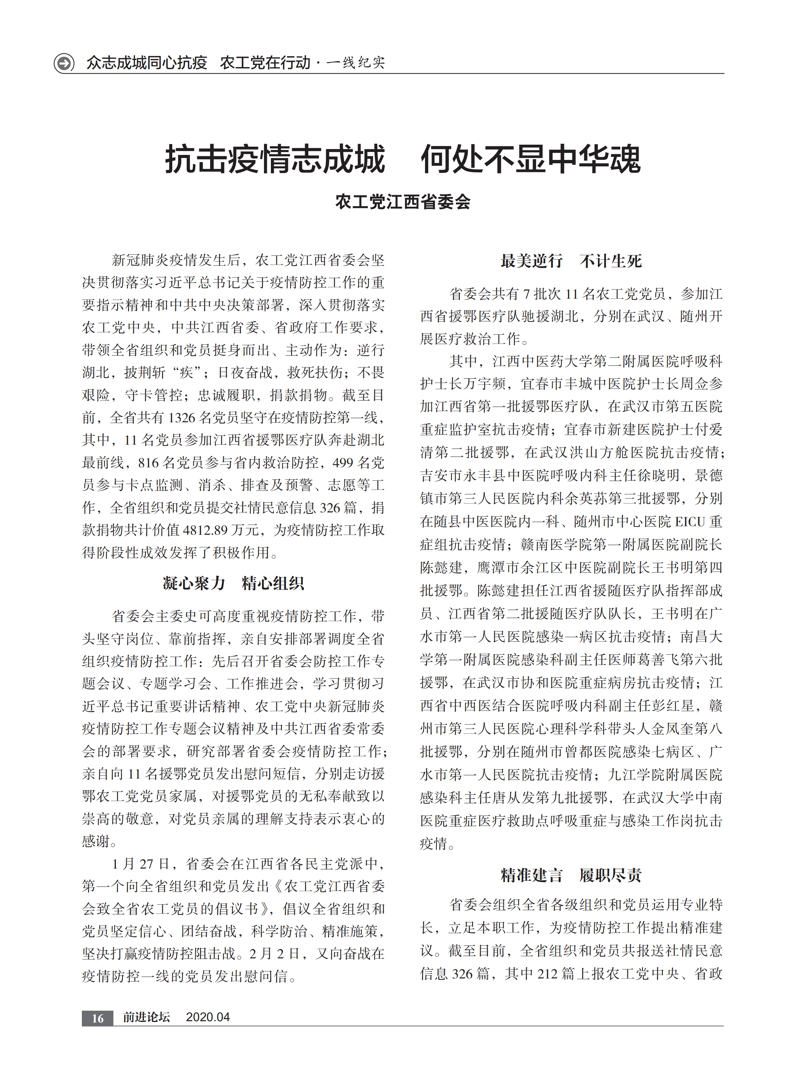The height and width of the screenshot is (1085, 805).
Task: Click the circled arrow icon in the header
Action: (64, 63)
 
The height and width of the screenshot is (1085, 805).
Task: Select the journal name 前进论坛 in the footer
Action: (146, 1017)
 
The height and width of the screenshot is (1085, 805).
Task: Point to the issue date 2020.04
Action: (208, 1017)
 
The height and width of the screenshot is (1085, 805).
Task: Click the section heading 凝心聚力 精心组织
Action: (233, 583)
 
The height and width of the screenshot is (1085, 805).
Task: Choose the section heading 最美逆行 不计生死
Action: (571, 261)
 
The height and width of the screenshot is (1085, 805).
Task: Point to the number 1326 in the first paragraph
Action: (181, 418)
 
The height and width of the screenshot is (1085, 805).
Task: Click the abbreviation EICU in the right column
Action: (690, 522)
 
